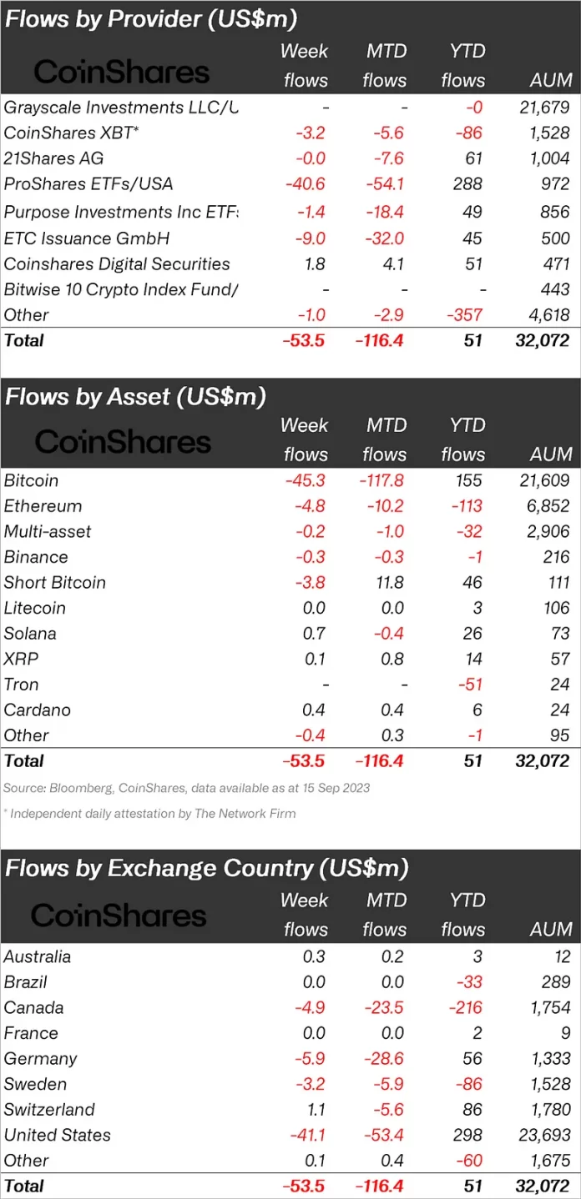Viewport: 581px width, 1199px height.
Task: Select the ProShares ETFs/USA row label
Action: pyautogui.click(x=88, y=183)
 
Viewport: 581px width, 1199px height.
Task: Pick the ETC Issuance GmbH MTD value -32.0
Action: pyautogui.click(x=384, y=238)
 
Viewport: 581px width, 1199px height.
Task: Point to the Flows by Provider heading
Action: pyautogui.click(x=151, y=19)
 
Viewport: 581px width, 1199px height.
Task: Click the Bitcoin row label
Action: pyautogui.click(x=32, y=480)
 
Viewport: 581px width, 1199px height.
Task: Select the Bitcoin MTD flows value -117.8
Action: pyautogui.click(x=384, y=480)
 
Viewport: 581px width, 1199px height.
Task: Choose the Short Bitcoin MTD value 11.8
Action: pyautogui.click(x=387, y=583)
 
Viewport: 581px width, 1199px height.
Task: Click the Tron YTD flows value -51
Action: pyautogui.click(x=472, y=685)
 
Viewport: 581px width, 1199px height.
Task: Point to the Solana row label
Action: pyautogui.click(x=30, y=634)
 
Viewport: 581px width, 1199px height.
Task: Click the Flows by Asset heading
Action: pyautogui.click(x=135, y=396)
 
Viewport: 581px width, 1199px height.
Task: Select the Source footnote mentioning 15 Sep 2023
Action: pyautogui.click(x=187, y=788)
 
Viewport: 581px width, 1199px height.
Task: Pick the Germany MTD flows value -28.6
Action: pyautogui.click(x=384, y=1058)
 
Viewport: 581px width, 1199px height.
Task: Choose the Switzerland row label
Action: pyautogui.click(x=49, y=1110)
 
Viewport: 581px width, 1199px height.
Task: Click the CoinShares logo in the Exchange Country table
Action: pyautogui.click(x=119, y=916)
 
